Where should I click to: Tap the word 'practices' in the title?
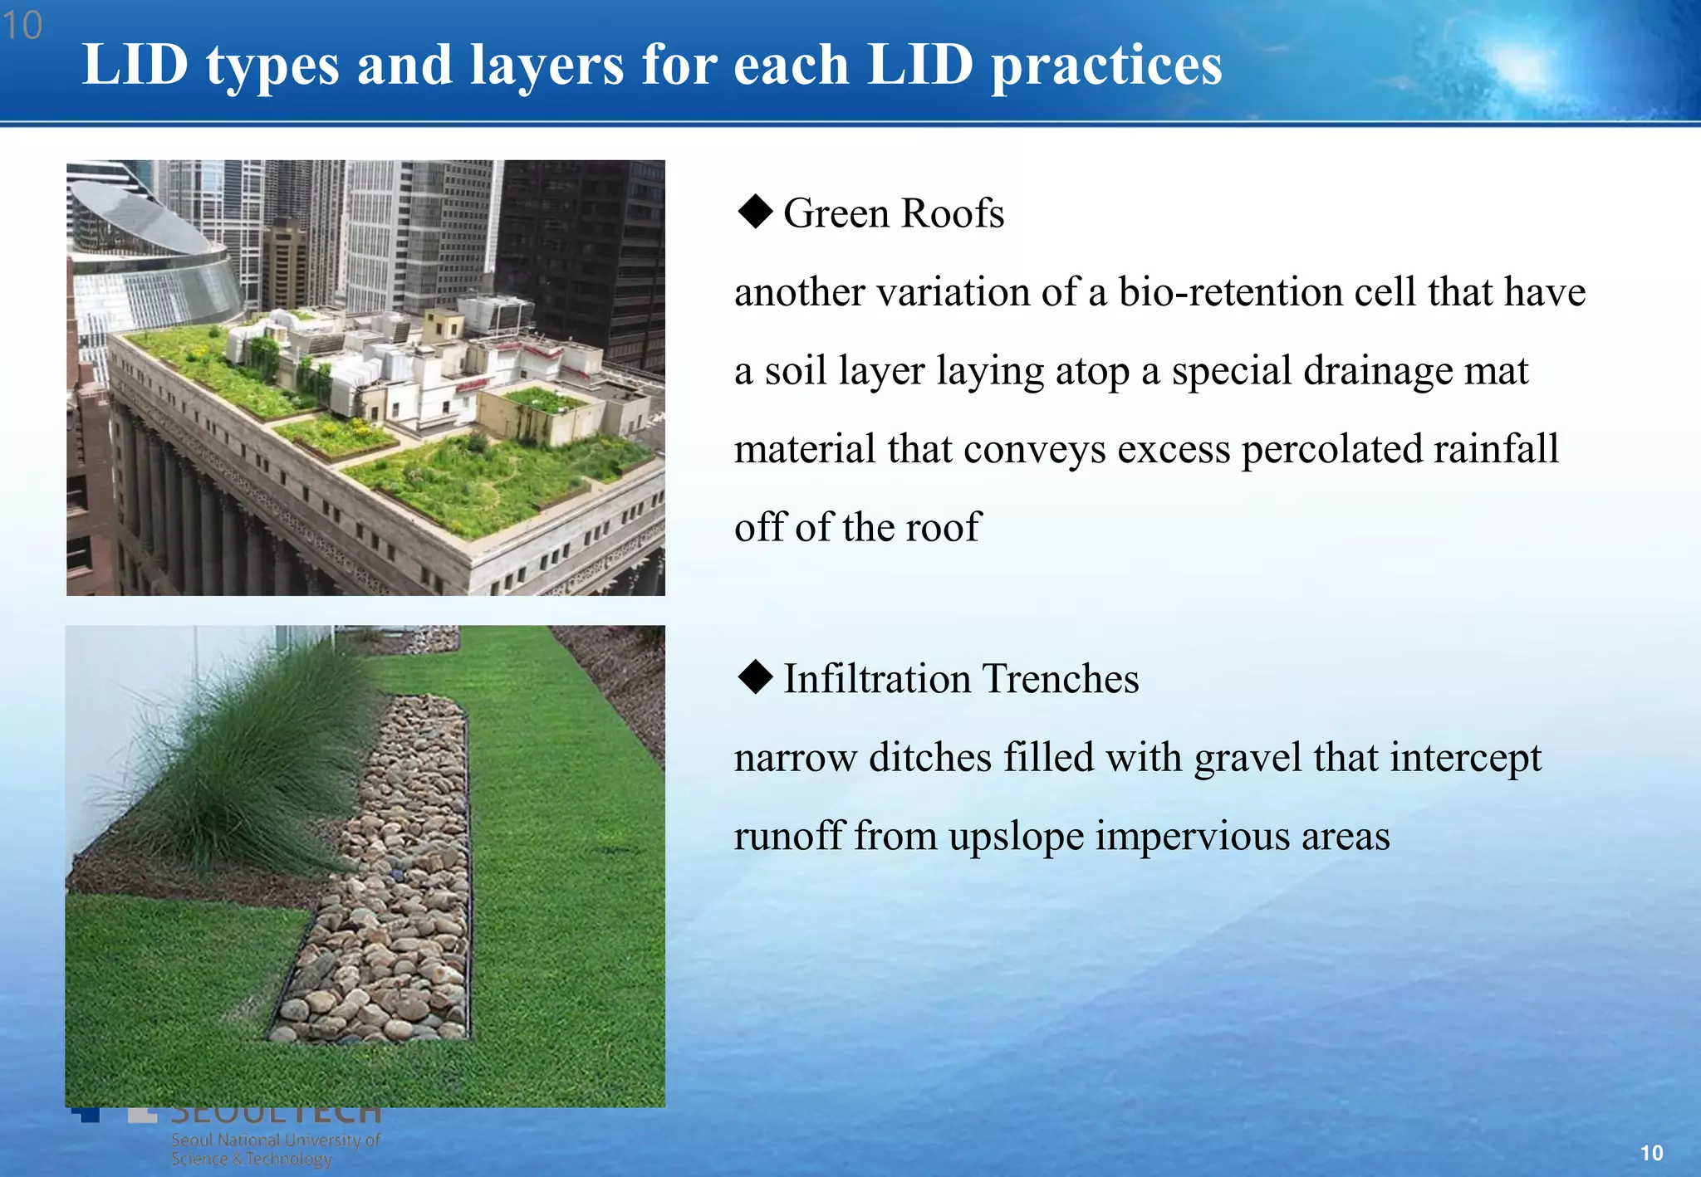pos(1106,66)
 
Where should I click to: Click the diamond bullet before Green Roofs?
pos(755,212)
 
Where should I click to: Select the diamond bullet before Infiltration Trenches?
pos(755,676)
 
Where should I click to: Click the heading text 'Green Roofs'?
pos(894,213)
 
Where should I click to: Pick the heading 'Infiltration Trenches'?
pos(961,679)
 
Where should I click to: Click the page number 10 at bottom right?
pos(1651,1153)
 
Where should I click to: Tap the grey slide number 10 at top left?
pos(22,26)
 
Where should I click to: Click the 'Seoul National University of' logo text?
pos(276,1140)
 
